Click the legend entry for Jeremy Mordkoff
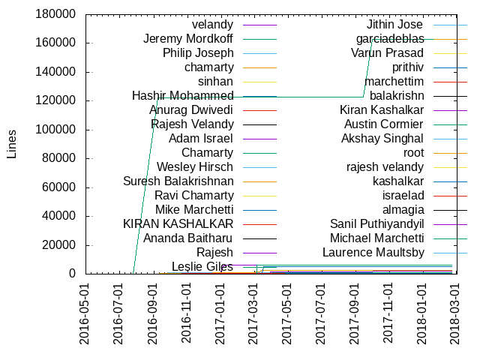coord(188,38)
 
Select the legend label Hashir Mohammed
coord(182,95)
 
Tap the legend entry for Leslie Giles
coord(202,266)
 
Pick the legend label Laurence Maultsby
coord(373,252)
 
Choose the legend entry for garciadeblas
coord(390,38)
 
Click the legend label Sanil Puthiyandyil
coord(377,223)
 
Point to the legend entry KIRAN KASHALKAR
coord(178,223)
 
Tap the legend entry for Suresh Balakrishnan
coord(178,181)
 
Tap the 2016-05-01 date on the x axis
coord(85,314)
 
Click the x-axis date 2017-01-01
coord(221,314)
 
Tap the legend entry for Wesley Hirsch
coord(195,166)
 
